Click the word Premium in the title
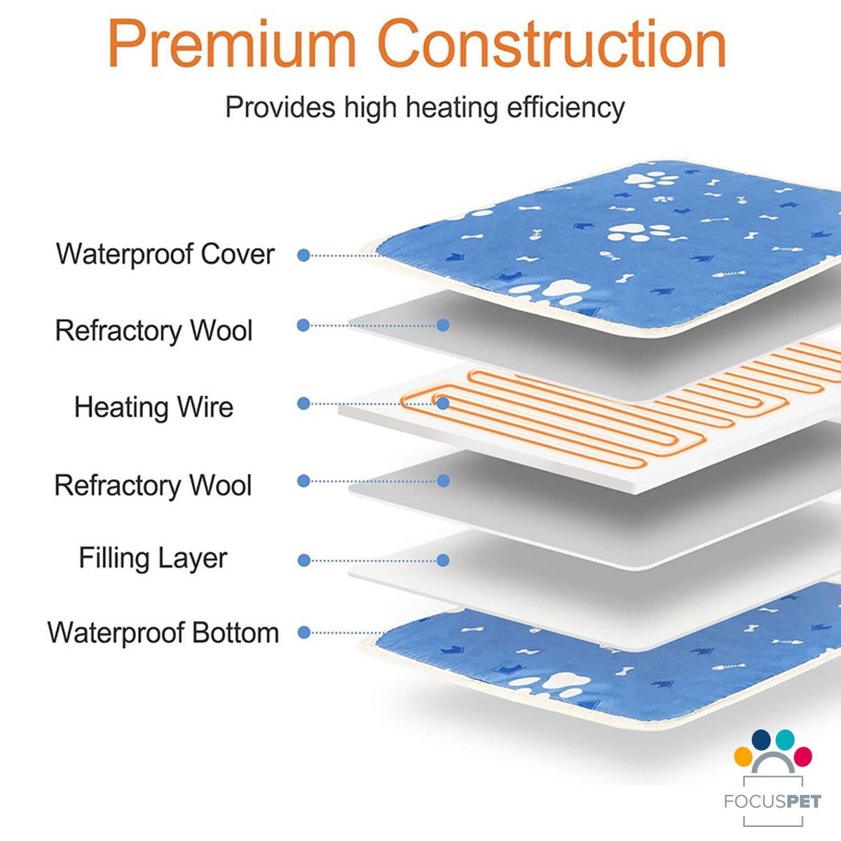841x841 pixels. click(x=232, y=43)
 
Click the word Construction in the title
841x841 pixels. click(x=552, y=43)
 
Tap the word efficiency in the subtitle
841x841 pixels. click(x=566, y=107)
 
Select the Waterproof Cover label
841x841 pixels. click(x=165, y=254)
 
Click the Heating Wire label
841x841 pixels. click(x=153, y=406)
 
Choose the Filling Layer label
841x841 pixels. click(x=153, y=558)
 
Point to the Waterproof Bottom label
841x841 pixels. click(x=163, y=634)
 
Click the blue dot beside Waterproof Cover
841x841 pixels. click(x=303, y=255)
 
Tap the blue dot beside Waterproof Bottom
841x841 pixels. click(x=303, y=632)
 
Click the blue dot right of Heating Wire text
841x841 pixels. click(x=303, y=403)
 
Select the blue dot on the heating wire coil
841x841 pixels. click(x=443, y=403)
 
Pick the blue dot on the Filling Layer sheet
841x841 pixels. click(x=443, y=561)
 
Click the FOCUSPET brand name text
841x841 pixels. click(x=773, y=802)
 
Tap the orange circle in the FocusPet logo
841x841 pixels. click(x=744, y=757)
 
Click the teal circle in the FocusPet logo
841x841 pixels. click(x=785, y=739)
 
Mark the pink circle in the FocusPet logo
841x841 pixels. click(x=802, y=757)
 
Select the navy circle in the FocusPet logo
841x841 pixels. click(x=761, y=739)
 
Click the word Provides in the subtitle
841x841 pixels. click(x=280, y=107)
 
